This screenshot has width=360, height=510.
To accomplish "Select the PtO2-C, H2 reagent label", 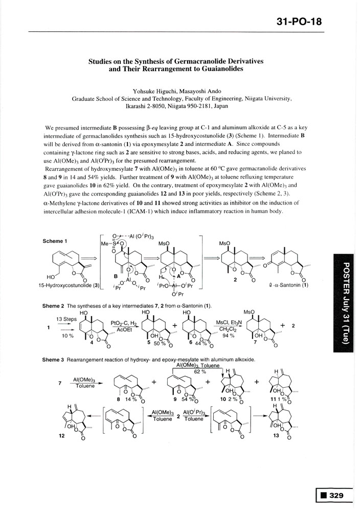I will pos(122,323).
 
